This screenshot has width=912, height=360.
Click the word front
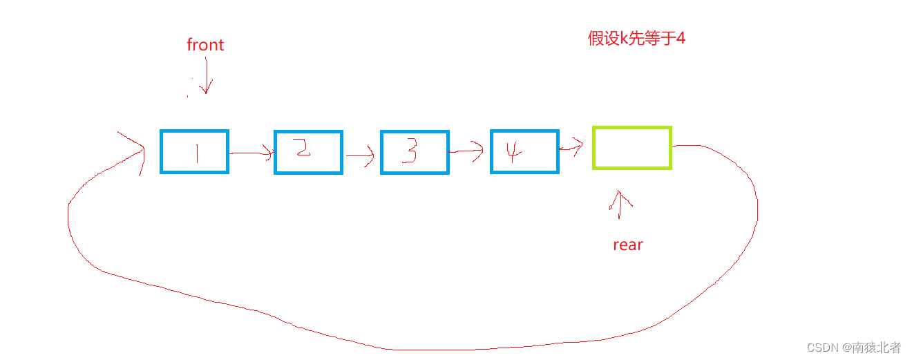pos(205,45)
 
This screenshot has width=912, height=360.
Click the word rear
pos(628,245)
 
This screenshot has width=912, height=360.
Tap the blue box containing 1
pos(194,151)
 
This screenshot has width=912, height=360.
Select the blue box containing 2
pos(308,153)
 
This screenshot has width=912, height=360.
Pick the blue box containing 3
pos(415,153)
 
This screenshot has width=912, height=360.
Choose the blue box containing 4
pos(524,151)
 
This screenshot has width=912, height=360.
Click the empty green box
pos(631,147)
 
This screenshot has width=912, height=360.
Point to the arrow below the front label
pos(206,76)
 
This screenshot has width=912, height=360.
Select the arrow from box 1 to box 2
pos(251,153)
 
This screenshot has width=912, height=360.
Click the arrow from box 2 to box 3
pos(361,155)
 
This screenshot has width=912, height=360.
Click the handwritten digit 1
pos(197,152)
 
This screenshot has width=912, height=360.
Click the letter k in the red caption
pos(624,38)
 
